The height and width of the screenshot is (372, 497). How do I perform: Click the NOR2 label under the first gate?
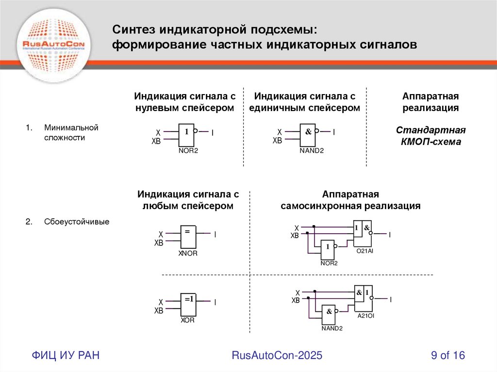point(188,151)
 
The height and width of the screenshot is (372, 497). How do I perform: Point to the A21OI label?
point(365,316)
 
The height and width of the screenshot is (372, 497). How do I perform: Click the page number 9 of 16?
point(448,356)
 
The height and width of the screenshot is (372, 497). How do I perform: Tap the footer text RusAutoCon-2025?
point(277,356)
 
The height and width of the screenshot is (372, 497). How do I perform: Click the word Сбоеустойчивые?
point(77,222)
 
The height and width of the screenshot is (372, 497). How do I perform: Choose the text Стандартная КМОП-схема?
point(431,136)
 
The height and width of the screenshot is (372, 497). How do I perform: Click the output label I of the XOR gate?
point(215,302)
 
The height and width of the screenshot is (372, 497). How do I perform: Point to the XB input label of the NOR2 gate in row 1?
point(156,142)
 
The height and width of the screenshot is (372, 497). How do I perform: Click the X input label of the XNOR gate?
point(161,234)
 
